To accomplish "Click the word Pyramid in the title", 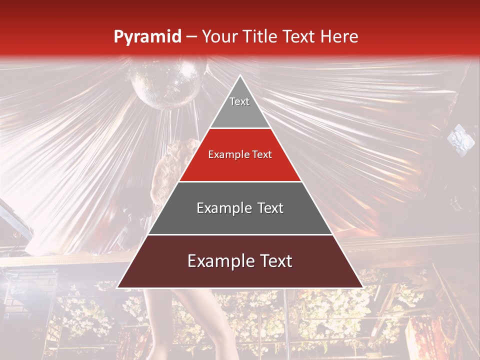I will [147, 37].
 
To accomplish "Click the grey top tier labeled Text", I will [240, 107].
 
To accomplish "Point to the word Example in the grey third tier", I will [220, 208].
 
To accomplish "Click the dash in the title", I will [191, 37].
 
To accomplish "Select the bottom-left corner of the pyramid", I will [117, 287].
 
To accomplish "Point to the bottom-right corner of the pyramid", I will [363, 287].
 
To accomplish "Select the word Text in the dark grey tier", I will [265, 208].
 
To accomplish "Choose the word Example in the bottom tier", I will [218, 261].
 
